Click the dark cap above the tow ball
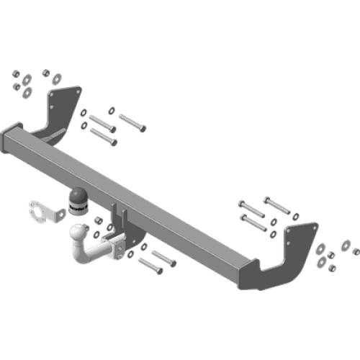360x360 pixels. click(x=77, y=198)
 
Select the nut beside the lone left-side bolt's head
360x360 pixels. click(x=112, y=109)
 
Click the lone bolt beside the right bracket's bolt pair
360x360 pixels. click(x=277, y=201)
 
